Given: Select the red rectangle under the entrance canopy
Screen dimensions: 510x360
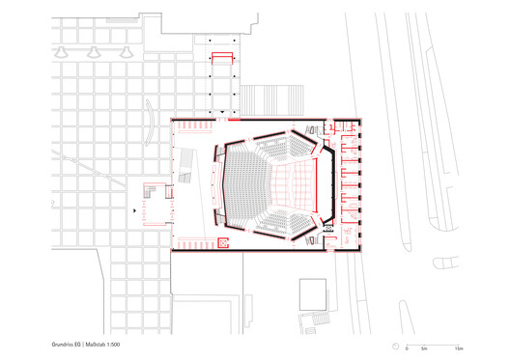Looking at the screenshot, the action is click(223, 57).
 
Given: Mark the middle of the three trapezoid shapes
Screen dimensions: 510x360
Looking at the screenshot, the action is click(96, 50).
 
